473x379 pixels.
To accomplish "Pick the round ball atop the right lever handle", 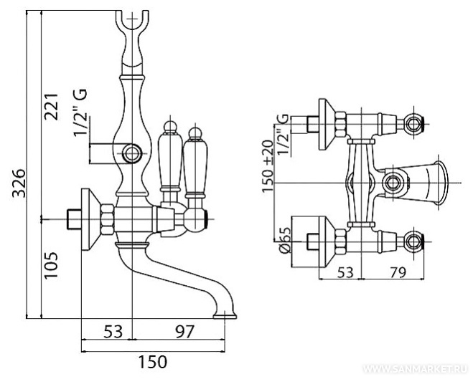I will click(194, 134).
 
